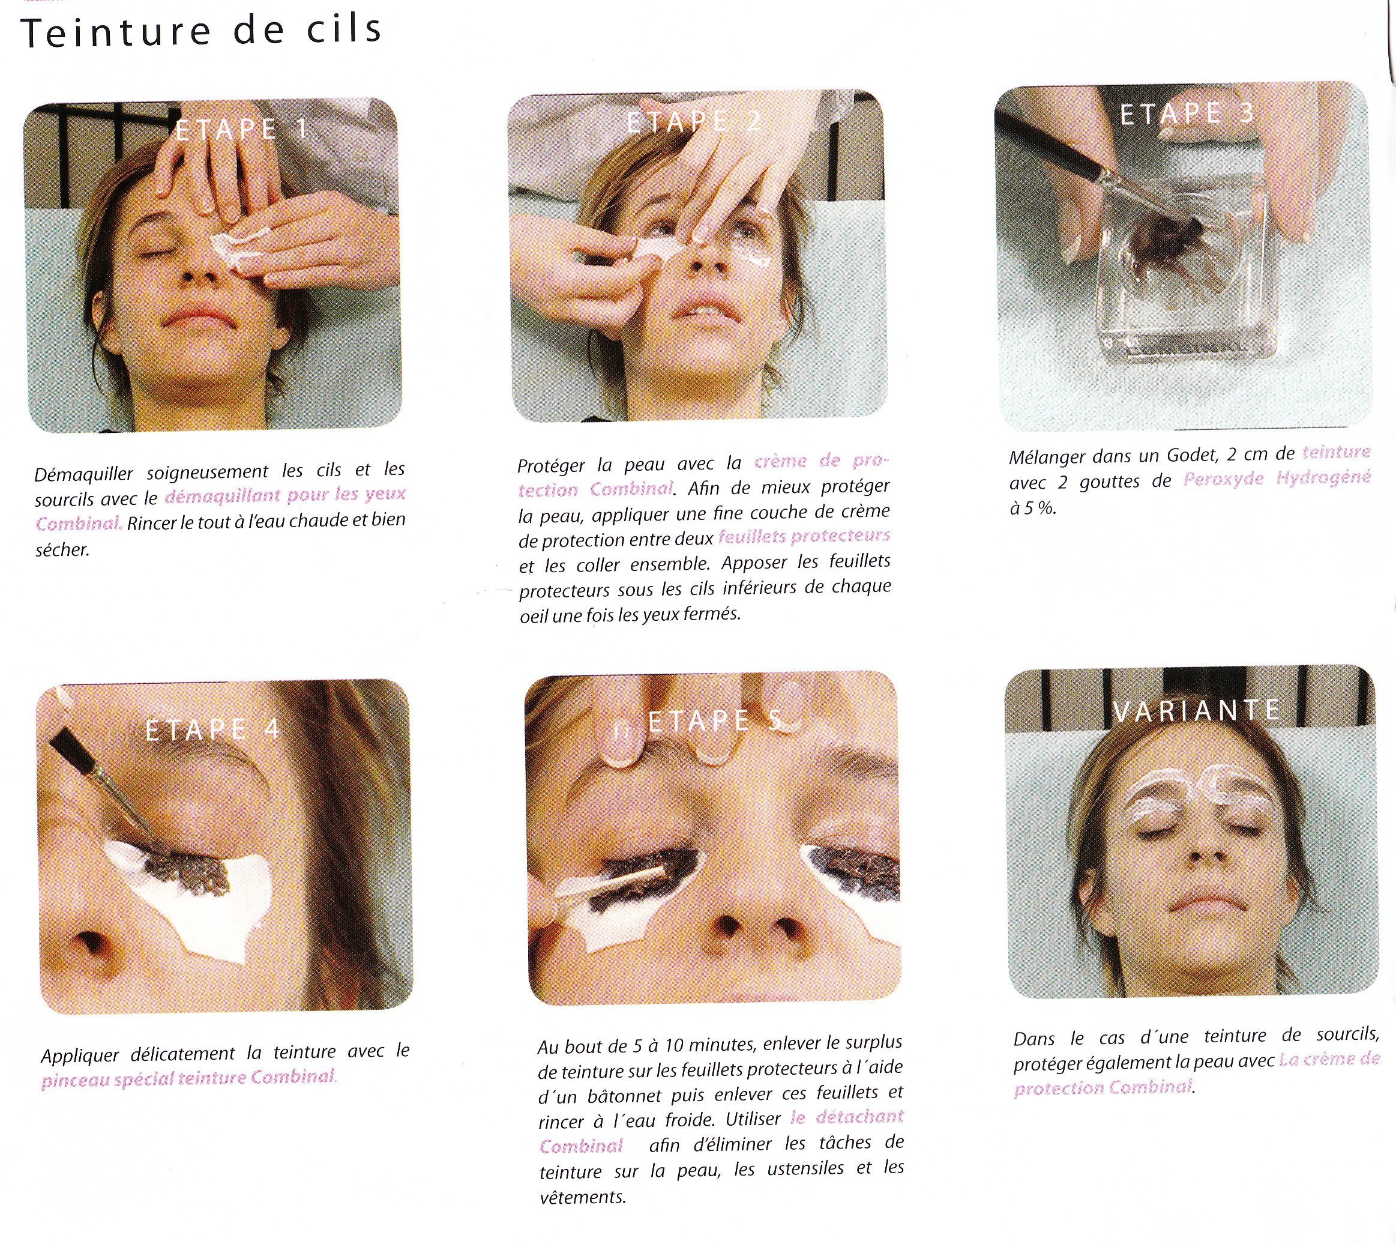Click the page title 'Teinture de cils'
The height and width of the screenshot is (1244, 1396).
click(202, 31)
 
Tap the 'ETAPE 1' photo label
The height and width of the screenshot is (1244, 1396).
click(242, 129)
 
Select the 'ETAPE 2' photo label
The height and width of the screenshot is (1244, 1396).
click(694, 122)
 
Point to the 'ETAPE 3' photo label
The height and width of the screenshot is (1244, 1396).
click(1188, 113)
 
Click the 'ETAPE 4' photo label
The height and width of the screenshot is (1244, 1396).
click(213, 729)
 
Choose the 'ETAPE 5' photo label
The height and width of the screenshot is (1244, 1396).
click(715, 720)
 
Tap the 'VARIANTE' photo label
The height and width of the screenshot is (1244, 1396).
click(1196, 711)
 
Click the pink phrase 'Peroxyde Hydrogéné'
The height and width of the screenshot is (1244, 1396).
click(1277, 479)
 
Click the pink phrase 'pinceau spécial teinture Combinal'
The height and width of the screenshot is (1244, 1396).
click(188, 1078)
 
